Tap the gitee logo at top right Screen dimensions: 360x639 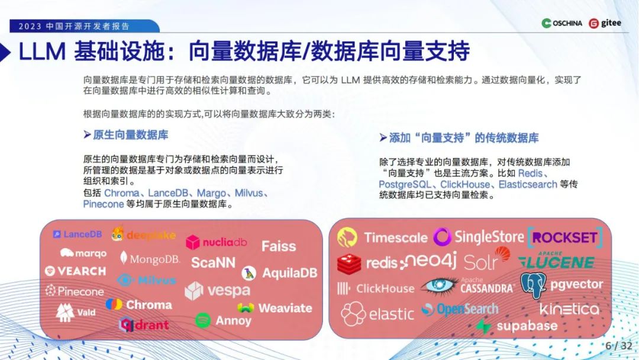pos(605,23)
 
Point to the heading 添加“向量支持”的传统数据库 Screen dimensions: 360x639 pos(463,138)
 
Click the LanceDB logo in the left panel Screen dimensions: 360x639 pos(78,234)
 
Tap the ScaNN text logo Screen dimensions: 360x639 pos(213,262)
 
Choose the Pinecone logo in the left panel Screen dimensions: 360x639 pos(75,291)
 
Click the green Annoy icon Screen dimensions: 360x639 pos(203,320)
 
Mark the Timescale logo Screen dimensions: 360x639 pos(382,238)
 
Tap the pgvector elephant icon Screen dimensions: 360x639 pos(533,285)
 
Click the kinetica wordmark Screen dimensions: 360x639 pos(569,308)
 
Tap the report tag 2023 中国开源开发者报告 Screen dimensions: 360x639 pos(74,26)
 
